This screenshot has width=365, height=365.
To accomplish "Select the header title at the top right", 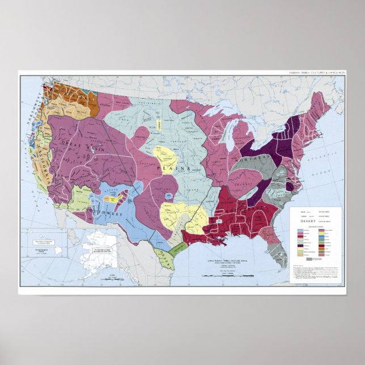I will [x=317, y=73].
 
